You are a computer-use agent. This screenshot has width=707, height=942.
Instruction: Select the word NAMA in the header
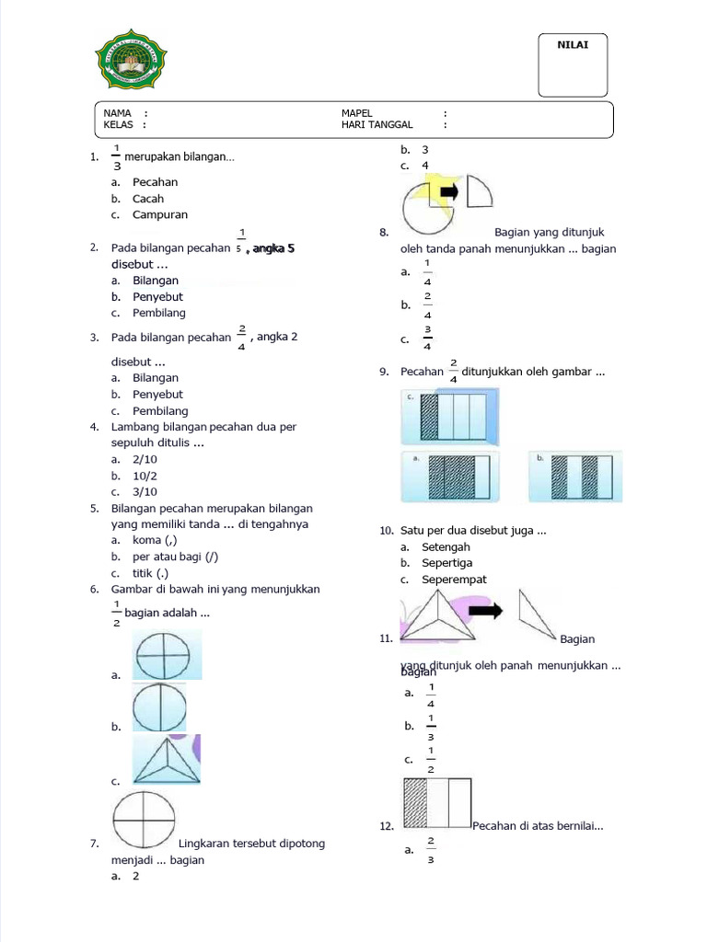(x=118, y=112)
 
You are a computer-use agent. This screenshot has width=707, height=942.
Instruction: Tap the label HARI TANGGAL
(x=377, y=124)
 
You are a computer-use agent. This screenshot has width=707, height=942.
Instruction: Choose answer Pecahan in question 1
(x=155, y=182)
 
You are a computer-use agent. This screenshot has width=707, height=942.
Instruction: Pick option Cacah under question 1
(x=147, y=199)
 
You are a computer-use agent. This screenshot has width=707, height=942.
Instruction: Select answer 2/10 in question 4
(x=145, y=458)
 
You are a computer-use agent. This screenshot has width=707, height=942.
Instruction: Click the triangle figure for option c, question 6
(x=166, y=760)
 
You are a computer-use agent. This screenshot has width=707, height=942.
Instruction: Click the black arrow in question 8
(x=450, y=191)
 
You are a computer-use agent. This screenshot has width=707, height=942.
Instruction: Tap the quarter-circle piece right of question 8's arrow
(x=478, y=191)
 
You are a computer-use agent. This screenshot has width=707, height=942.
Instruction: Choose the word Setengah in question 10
(x=446, y=547)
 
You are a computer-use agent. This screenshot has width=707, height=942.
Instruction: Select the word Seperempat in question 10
(x=454, y=580)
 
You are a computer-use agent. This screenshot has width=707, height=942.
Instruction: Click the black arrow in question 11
(x=491, y=609)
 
